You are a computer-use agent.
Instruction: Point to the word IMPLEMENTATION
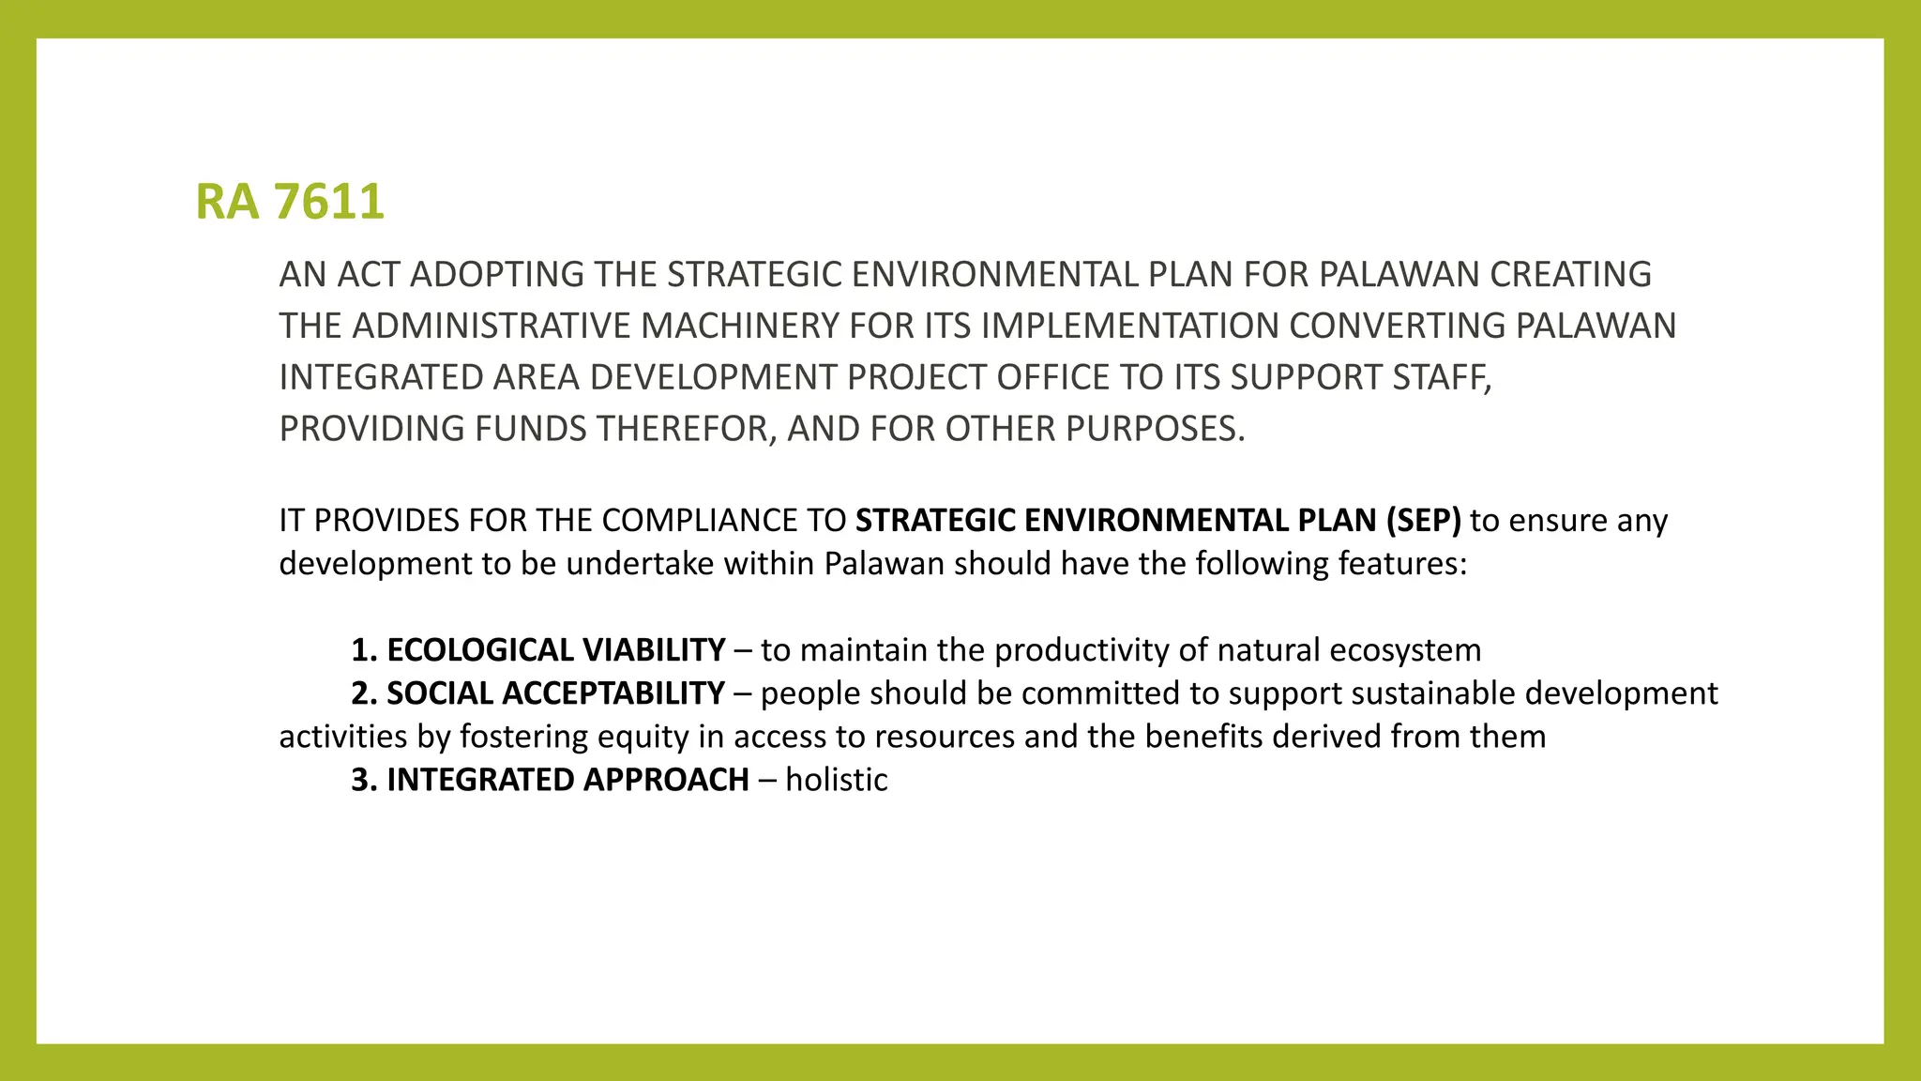(1129, 327)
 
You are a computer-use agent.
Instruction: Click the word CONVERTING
(1397, 327)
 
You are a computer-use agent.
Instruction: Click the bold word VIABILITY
(654, 650)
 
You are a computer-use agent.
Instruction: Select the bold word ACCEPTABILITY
(613, 693)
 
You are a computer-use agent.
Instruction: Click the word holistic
(837, 780)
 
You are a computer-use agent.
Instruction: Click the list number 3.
(360, 780)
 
